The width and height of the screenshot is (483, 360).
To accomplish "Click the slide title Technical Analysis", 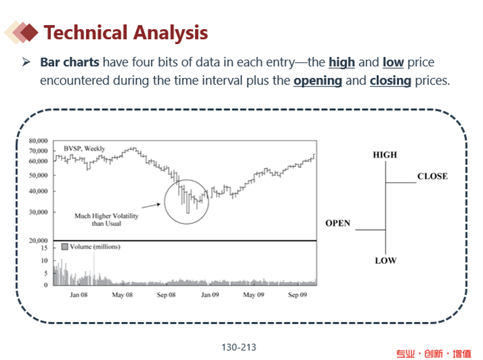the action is (x=126, y=33).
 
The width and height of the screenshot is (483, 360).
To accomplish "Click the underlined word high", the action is (x=342, y=62).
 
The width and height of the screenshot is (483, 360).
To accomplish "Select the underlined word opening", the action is (x=317, y=81).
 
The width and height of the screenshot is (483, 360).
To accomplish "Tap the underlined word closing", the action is (x=390, y=81).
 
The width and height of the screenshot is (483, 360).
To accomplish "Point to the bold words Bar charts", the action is (x=70, y=62).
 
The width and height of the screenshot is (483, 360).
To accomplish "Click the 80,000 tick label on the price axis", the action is (x=38, y=141).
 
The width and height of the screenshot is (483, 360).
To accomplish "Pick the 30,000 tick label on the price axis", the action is (x=38, y=212).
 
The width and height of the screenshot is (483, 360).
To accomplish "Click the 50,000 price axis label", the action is (x=38, y=175).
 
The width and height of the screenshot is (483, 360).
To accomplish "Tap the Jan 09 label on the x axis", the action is (x=210, y=295).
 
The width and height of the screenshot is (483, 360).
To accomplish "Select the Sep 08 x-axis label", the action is (x=166, y=295).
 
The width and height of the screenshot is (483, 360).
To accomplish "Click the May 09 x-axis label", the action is (x=254, y=295).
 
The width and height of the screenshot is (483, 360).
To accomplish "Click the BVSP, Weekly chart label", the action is (x=85, y=149).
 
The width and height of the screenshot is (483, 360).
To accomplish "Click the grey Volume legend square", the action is (x=65, y=246).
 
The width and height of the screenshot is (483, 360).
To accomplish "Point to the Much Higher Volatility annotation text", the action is (x=106, y=219).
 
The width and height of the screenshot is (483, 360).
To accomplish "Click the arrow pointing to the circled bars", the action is (x=151, y=206).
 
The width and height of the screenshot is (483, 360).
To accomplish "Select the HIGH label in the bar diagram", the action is (x=385, y=155).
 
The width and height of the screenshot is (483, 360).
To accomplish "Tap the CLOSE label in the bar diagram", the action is (x=432, y=177).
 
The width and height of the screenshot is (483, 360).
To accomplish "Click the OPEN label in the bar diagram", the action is (x=338, y=223).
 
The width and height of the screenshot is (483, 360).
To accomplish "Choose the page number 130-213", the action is (x=239, y=347).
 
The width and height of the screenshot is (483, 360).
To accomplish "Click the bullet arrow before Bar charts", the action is (x=26, y=62).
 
